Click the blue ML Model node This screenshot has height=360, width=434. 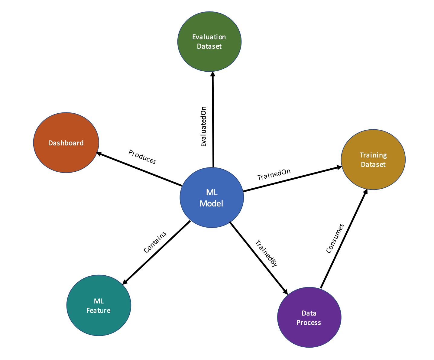click(x=212, y=197)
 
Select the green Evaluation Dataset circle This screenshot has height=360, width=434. click(x=209, y=41)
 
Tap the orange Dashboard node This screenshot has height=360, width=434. click(x=66, y=143)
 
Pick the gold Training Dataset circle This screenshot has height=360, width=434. click(x=373, y=160)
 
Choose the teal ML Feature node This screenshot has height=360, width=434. click(x=99, y=305)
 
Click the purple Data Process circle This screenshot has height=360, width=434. click(x=309, y=317)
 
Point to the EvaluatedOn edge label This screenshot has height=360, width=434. click(x=203, y=127)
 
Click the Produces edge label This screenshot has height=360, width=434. click(x=142, y=157)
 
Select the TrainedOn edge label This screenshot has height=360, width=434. click(x=274, y=175)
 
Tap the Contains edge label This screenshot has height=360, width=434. click(x=155, y=242)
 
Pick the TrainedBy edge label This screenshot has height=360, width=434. click(x=266, y=253)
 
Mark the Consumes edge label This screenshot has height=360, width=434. click(x=335, y=238)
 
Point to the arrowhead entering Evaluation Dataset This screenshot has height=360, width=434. click(x=213, y=74)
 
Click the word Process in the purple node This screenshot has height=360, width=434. click(x=309, y=323)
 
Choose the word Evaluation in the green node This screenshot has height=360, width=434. click(x=209, y=37)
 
